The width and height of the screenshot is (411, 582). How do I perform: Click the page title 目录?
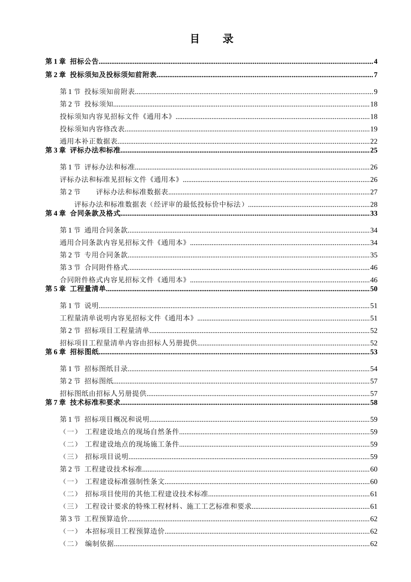tap(212, 39)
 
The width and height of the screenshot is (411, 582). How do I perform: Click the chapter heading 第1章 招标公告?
tap(72, 61)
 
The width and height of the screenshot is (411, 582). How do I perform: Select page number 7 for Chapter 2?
tap(376, 75)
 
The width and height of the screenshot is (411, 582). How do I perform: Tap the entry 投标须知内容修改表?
tap(92, 129)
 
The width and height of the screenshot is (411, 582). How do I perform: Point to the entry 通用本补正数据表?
tap(89, 141)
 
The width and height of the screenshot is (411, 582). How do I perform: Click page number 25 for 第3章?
tap(374, 150)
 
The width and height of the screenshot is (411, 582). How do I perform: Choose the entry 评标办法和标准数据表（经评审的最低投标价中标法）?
tap(160, 204)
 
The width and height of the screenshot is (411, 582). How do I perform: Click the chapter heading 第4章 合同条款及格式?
tap(83, 213)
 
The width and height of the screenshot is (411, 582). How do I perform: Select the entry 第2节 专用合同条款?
tap(94, 255)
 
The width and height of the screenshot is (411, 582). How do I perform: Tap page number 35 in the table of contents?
tap(374, 255)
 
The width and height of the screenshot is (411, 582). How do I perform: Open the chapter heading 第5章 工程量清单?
tap(76, 289)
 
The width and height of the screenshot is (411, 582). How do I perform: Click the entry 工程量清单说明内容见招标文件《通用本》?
tap(128, 318)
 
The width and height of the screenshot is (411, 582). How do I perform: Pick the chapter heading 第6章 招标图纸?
tap(72, 352)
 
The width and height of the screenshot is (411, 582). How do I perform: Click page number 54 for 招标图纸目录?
tap(374, 369)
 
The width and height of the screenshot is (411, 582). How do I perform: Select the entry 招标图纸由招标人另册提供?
tap(103, 394)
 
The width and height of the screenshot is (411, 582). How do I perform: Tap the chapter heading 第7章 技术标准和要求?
tap(83, 403)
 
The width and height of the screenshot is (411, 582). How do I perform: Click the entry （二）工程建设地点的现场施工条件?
tap(121, 444)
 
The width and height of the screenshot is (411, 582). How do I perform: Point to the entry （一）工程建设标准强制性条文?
tap(114, 482)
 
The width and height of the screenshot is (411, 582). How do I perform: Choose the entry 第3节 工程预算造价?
tap(94, 519)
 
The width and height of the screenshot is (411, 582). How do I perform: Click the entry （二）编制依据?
tap(89, 544)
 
